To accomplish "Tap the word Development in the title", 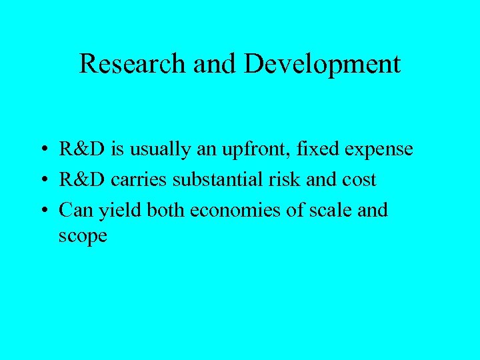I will [322, 64].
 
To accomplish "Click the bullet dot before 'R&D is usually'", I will [42, 150].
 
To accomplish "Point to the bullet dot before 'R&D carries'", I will [42, 181].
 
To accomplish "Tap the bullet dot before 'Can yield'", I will [42, 211].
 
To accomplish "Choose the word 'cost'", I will [359, 181].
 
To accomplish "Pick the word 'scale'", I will [326, 211].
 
